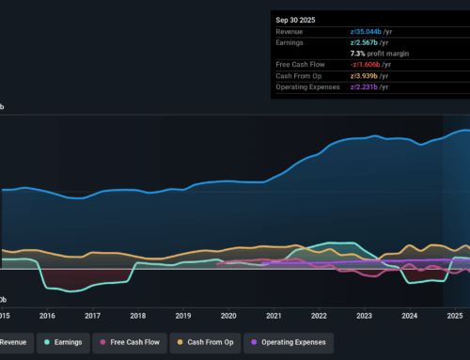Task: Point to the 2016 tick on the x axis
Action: tap(47, 316)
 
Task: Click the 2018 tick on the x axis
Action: tap(137, 316)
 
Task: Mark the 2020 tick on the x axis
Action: tap(228, 316)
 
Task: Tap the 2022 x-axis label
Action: tap(319, 316)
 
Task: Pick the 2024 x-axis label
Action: tap(409, 316)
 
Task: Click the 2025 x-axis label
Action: tap(455, 316)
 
